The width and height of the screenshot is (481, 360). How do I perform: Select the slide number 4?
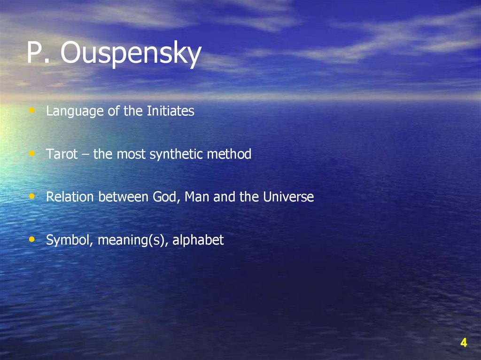point(463,343)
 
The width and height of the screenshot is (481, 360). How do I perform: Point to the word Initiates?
point(171,111)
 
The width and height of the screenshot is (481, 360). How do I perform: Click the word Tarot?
point(62,154)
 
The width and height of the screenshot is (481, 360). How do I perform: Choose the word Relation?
point(70,197)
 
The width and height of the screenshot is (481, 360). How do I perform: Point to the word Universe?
point(288,197)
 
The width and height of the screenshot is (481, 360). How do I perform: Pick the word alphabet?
point(198,240)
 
